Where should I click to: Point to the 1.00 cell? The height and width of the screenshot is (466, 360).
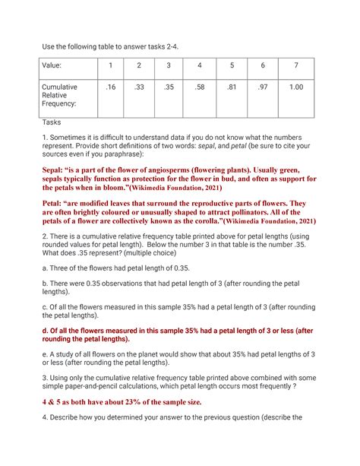(296, 87)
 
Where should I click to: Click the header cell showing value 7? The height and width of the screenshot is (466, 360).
(296, 65)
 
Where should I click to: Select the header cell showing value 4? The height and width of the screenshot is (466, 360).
(199, 65)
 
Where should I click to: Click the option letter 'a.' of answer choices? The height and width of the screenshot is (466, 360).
(45, 268)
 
